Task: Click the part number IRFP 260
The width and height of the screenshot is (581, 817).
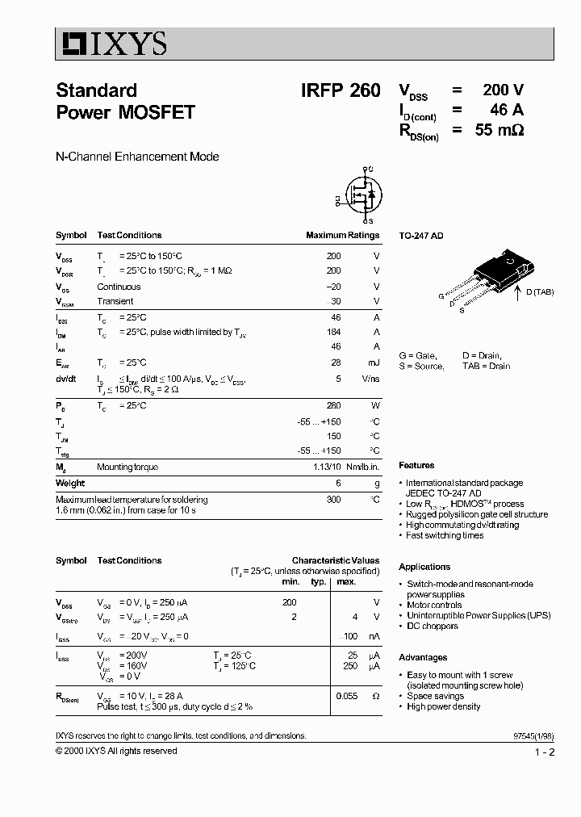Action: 340,91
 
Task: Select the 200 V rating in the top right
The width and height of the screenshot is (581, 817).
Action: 504,90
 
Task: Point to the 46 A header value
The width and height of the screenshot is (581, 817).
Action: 507,111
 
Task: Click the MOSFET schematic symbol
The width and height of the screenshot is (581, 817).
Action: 361,195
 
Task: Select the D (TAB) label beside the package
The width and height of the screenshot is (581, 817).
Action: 540,291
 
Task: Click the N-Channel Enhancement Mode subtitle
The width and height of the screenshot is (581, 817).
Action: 137,157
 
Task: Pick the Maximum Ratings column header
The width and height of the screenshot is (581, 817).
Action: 342,236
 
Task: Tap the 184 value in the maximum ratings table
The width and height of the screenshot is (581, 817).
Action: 332,332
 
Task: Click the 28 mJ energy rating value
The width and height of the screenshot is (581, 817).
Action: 336,362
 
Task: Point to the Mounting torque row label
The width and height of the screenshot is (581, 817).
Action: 127,467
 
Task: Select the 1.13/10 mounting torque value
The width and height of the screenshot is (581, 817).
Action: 327,467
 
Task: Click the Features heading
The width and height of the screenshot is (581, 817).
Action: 416,466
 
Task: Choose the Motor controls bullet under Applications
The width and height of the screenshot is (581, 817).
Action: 434,605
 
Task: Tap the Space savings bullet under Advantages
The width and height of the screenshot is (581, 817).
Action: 435,696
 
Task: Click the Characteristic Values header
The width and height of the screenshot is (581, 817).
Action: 335,560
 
